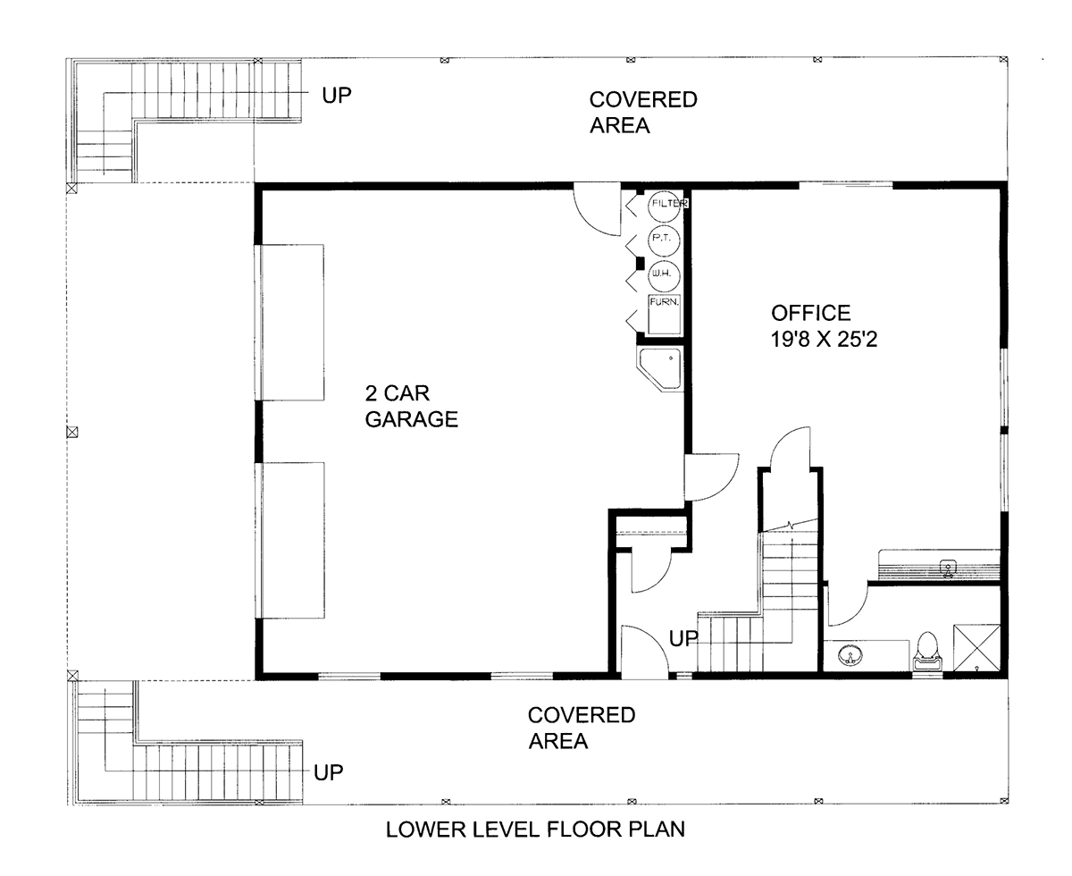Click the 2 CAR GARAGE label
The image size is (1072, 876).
[x=411, y=406]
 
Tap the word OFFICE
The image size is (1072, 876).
[x=811, y=313]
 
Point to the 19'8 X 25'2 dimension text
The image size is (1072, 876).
[x=824, y=339]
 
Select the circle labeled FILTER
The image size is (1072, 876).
[x=664, y=206]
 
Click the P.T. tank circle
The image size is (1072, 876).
[x=664, y=240]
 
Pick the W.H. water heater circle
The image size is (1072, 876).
[x=664, y=275]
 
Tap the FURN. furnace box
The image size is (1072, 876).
[x=665, y=314]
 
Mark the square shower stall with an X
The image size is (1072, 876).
[x=976, y=647]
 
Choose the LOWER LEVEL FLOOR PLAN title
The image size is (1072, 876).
[x=535, y=830]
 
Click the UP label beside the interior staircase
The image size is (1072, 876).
[x=683, y=638]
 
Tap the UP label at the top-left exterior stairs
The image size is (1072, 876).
[x=337, y=95]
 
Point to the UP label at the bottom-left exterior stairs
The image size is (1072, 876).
[x=329, y=772]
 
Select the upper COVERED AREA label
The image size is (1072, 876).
[x=643, y=113]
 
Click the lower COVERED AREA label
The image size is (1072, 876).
[x=582, y=728]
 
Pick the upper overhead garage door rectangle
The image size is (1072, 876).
[x=292, y=322]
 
